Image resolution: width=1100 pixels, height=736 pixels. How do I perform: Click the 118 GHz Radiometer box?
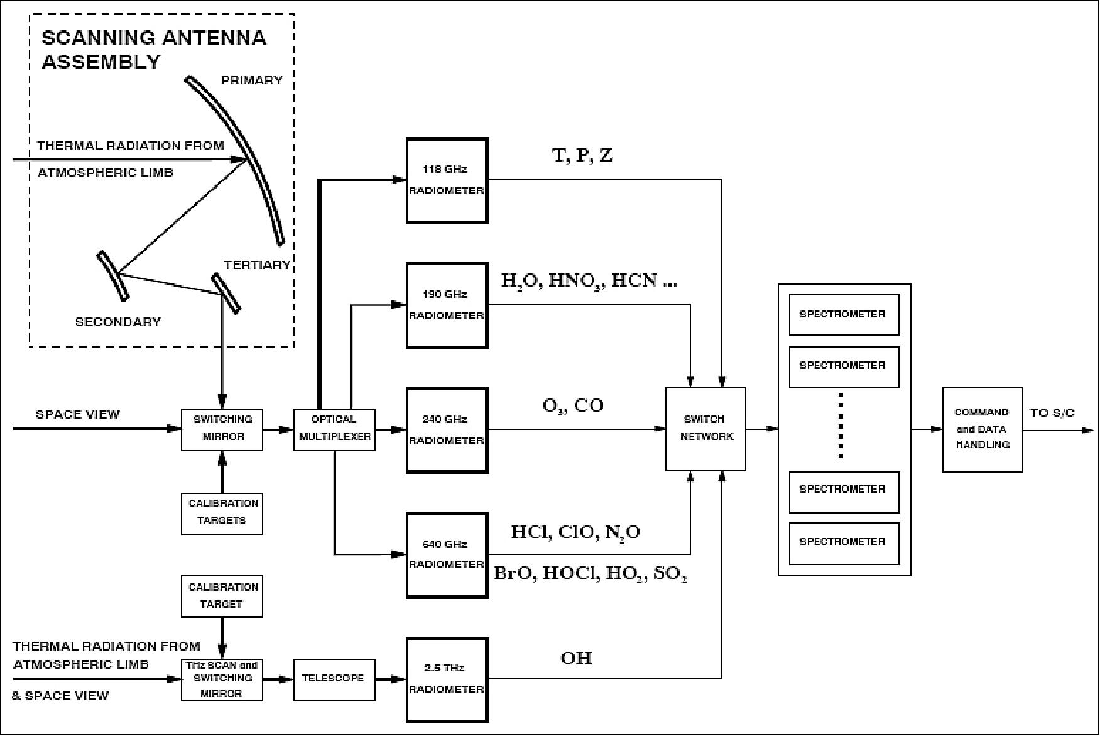[x=447, y=180]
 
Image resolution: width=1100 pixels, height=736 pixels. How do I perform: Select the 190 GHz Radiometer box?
[x=447, y=305]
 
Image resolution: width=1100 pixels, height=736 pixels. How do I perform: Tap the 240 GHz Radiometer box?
[x=447, y=431]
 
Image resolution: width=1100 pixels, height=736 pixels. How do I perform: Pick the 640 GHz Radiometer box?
[x=447, y=555]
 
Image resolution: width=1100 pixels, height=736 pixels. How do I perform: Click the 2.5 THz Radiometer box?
[x=447, y=680]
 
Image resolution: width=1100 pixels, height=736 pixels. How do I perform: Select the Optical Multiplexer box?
[x=334, y=429]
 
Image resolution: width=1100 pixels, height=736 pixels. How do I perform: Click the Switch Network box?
[x=705, y=429]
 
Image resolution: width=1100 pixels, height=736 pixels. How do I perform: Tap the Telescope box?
[x=334, y=679]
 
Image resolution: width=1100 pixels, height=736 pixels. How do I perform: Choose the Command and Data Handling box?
[x=982, y=429]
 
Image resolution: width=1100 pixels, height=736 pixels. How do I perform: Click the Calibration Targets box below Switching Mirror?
[x=222, y=513]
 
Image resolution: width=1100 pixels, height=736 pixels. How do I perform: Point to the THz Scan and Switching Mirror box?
[x=222, y=679]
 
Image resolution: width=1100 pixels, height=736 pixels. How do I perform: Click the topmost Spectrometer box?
[x=844, y=314]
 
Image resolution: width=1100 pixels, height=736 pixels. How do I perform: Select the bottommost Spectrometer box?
[x=844, y=542]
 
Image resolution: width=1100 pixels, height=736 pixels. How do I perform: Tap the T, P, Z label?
[x=582, y=156]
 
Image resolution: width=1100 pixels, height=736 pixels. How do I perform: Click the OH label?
[x=576, y=658]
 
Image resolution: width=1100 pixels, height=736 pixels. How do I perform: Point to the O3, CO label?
[x=573, y=405]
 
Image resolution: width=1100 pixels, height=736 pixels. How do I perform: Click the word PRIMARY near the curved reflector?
[x=251, y=80]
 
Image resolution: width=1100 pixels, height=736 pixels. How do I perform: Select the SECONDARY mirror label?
[x=118, y=322]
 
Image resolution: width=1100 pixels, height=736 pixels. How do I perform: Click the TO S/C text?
[x=1052, y=414]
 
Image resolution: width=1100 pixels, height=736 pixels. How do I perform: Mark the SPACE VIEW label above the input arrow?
[x=77, y=414]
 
